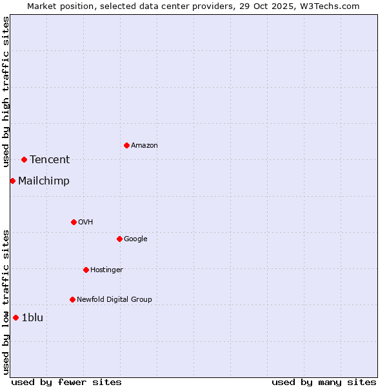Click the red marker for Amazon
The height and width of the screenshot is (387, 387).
(x=126, y=145)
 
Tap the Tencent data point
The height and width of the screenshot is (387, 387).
(x=24, y=159)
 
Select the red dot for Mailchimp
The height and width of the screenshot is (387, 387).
(x=12, y=181)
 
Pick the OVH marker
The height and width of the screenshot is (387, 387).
(x=74, y=222)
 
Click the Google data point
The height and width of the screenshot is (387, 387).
(x=119, y=239)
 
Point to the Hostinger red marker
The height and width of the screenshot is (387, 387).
(x=86, y=270)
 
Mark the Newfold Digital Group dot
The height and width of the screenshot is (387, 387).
(x=72, y=299)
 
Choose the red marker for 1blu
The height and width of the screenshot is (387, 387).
(x=15, y=317)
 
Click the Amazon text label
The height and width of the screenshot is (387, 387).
(x=144, y=145)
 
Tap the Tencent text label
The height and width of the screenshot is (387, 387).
(x=50, y=159)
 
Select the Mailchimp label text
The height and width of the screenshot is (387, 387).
(x=44, y=181)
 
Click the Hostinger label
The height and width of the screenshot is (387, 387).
(x=106, y=270)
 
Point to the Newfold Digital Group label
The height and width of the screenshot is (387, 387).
(x=114, y=299)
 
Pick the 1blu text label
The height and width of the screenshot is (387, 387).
(x=32, y=317)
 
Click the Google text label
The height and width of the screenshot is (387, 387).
(x=135, y=239)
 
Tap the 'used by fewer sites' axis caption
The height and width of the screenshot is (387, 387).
(x=66, y=382)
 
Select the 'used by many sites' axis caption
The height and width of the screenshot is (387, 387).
(x=324, y=382)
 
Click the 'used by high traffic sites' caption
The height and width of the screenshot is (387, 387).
(x=6, y=92)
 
